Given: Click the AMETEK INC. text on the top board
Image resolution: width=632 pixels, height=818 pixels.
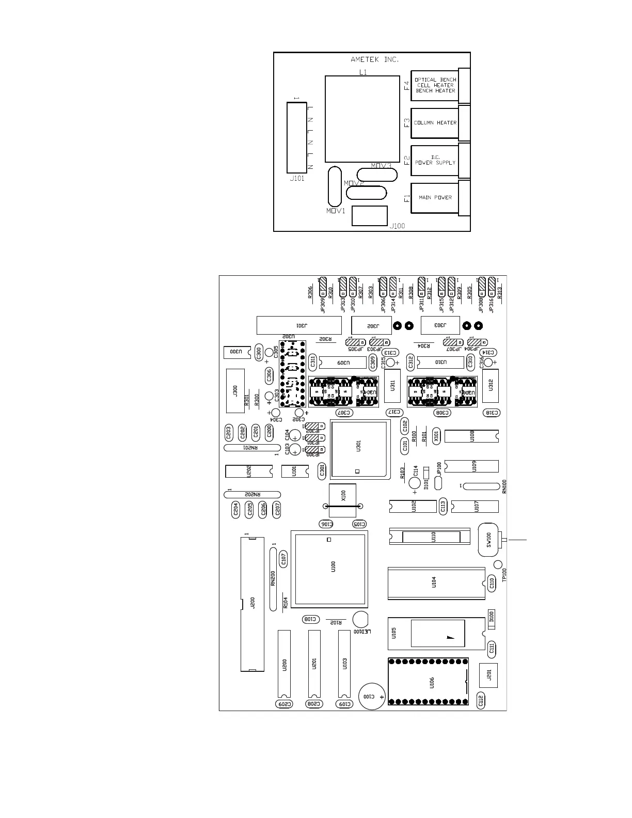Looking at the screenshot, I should pyautogui.click(x=374, y=59).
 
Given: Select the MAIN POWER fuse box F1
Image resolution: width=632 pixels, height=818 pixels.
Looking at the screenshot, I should pyautogui.click(x=435, y=198).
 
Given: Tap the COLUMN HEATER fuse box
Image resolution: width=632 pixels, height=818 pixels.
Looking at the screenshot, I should pyautogui.click(x=435, y=123).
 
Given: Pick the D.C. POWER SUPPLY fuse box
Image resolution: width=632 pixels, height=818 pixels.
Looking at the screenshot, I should pyautogui.click(x=435, y=160).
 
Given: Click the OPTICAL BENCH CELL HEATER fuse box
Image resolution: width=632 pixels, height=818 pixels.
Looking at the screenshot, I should pyautogui.click(x=435, y=85).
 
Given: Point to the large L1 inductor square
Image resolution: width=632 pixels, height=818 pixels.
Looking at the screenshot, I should pyautogui.click(x=362, y=119).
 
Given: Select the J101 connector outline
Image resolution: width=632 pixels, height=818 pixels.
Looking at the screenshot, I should pyautogui.click(x=296, y=137).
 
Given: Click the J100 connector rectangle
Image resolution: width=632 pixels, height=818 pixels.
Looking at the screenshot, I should pyautogui.click(x=369, y=216).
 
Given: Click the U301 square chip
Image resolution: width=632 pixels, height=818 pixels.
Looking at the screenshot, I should pyautogui.click(x=359, y=450).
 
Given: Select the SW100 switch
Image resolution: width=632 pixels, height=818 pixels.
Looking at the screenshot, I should pyautogui.click(x=489, y=541).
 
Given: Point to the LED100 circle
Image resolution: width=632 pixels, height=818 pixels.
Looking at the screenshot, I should pyautogui.click(x=360, y=620).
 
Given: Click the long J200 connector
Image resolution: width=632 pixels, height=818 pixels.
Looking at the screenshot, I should pyautogui.click(x=252, y=604).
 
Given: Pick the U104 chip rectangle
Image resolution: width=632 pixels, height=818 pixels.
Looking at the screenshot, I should pyautogui.click(x=436, y=583).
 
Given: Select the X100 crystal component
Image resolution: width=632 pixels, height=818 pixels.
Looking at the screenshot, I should pyautogui.click(x=342, y=499).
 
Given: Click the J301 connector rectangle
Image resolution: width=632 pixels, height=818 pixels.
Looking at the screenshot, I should pyautogui.click(x=299, y=325).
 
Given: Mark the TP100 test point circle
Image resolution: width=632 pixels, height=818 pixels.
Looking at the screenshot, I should pyautogui.click(x=498, y=564).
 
